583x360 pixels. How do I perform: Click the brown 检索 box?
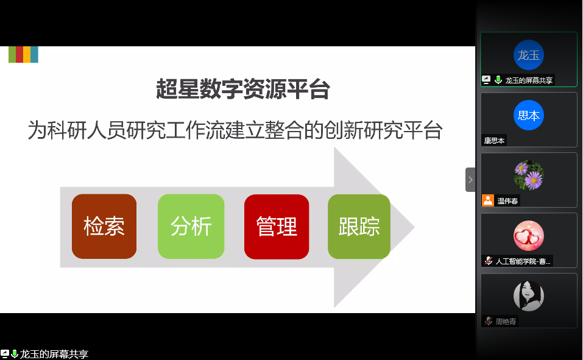coord(104,226)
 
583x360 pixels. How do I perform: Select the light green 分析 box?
coord(191,226)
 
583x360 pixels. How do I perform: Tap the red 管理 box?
coord(277,227)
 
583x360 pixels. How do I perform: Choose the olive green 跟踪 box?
coord(359,227)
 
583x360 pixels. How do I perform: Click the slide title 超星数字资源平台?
coord(243,90)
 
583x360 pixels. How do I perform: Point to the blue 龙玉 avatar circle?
coord(529,55)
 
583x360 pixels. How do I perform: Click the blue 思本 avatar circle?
coord(529,115)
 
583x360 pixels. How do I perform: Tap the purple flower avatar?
coord(529,175)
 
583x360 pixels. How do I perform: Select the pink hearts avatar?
coord(529,236)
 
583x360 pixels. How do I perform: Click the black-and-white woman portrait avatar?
coord(529,296)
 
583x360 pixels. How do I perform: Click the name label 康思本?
coord(494,141)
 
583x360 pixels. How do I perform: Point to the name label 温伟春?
coord(507,201)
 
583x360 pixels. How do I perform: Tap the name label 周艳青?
coord(506,322)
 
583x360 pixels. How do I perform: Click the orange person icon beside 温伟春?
coord(488,200)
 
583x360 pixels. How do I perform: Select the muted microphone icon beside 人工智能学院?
coord(489,261)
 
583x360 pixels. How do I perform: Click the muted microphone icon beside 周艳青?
coord(489,321)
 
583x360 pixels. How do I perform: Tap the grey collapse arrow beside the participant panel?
coord(470,180)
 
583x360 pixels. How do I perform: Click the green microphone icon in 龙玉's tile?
coord(498,80)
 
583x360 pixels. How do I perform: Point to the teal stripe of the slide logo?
coord(34,54)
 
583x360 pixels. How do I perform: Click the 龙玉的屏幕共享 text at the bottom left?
coord(54,354)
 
